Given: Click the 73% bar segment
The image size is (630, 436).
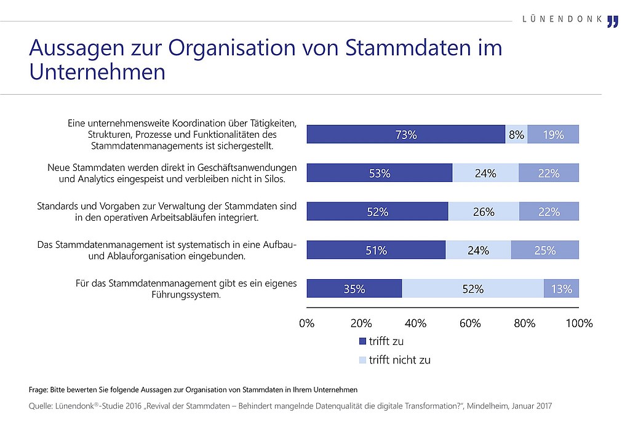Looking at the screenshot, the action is tap(406, 134).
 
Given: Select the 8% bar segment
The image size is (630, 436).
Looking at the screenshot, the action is tap(516, 134).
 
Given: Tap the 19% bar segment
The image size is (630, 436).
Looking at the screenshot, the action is tap(553, 134).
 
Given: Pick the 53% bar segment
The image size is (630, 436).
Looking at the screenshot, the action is tap(380, 173).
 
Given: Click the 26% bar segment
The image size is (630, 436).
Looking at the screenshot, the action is tap(484, 211).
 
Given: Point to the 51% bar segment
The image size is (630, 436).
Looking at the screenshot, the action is tap(376, 250).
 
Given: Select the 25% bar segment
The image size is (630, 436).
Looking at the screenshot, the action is tap(545, 250).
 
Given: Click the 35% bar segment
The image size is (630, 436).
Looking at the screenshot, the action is tap(354, 288).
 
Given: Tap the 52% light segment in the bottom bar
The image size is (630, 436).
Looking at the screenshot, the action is tap(473, 288).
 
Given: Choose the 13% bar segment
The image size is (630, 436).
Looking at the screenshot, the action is tap(561, 288).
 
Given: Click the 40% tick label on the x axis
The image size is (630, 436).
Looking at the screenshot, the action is tap(415, 323).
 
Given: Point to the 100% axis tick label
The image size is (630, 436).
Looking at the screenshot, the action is tap(579, 323).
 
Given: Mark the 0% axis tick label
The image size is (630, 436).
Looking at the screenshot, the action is tap(306, 323).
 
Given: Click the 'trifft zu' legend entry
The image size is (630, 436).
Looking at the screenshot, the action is tap(381, 341).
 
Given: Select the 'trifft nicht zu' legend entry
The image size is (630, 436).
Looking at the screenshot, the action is tap(394, 360).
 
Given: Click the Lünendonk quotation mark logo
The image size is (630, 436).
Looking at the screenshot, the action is tap(613, 22).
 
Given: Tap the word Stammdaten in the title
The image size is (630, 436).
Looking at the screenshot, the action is tap(409, 47).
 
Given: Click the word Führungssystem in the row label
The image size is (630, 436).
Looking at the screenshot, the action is tap(186, 295).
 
